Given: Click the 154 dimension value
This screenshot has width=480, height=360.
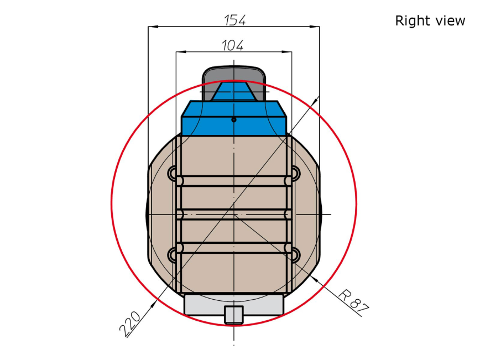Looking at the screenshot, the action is (x=235, y=20).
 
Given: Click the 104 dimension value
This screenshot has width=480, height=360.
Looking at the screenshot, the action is (x=232, y=45).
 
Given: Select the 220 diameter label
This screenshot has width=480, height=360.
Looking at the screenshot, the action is (x=130, y=324).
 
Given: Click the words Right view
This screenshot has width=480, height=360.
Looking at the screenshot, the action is (x=430, y=21).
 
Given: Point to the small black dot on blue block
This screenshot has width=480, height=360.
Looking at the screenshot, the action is (x=234, y=119).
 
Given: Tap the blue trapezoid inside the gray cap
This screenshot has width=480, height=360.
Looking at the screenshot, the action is (x=234, y=91).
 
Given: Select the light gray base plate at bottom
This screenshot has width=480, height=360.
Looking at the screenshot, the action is (x=234, y=304).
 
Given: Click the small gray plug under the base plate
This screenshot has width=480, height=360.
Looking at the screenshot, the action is (x=234, y=315).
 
